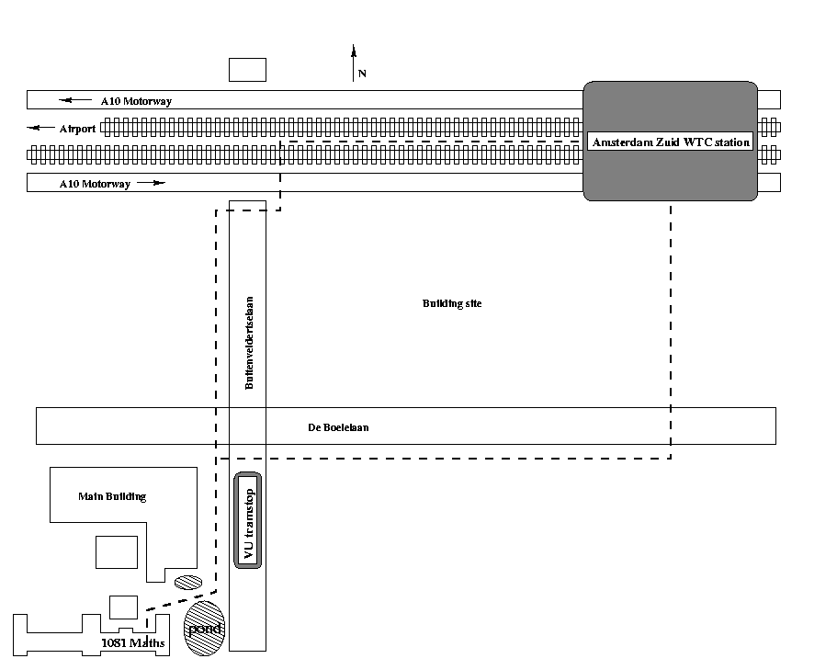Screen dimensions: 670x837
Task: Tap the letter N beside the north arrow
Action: point(362,74)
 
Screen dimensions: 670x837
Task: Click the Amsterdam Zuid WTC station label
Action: point(671,142)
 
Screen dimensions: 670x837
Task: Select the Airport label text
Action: point(77,129)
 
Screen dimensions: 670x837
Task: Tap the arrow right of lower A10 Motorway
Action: point(153,183)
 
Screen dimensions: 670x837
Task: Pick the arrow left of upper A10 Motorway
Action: point(75,100)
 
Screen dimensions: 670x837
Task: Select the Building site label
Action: point(452,303)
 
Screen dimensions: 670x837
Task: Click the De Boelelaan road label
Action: point(339,427)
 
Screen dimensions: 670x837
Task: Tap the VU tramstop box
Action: point(248,520)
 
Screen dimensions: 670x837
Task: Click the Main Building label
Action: point(112,496)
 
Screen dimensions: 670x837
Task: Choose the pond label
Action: point(204,628)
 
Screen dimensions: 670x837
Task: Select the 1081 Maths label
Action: point(133,642)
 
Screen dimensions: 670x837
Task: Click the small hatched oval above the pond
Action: point(187,582)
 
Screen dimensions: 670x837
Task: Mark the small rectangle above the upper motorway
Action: point(247,69)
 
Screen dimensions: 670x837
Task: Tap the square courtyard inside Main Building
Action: point(117,551)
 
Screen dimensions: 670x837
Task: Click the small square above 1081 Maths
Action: point(123,607)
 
